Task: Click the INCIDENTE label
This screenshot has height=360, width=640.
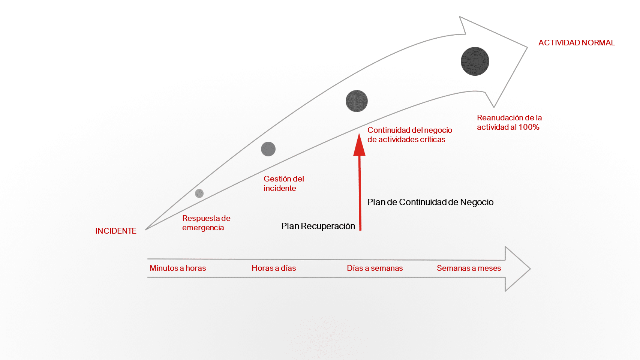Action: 115,231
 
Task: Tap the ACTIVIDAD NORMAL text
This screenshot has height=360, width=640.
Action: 576,43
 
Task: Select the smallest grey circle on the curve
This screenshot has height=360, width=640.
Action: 199,193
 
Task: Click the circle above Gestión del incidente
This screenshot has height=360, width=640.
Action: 268,149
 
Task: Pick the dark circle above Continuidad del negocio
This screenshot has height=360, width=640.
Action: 357,101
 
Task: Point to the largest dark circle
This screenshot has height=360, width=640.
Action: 475,61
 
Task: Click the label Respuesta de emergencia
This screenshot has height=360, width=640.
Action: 206,223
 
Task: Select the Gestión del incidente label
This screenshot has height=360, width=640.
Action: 283,183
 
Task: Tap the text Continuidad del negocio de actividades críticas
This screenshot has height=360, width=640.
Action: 409,135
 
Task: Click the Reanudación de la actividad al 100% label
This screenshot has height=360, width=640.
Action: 509,122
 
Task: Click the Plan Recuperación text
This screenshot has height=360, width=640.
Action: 318,226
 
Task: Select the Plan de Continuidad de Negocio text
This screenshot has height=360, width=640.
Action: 430,202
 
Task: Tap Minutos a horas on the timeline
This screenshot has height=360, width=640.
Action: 178,268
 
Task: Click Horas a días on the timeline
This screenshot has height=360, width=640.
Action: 274,268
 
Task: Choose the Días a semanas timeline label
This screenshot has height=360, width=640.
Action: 375,268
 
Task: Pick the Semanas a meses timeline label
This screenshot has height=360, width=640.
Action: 469,268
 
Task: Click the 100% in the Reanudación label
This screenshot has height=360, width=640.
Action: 529,127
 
